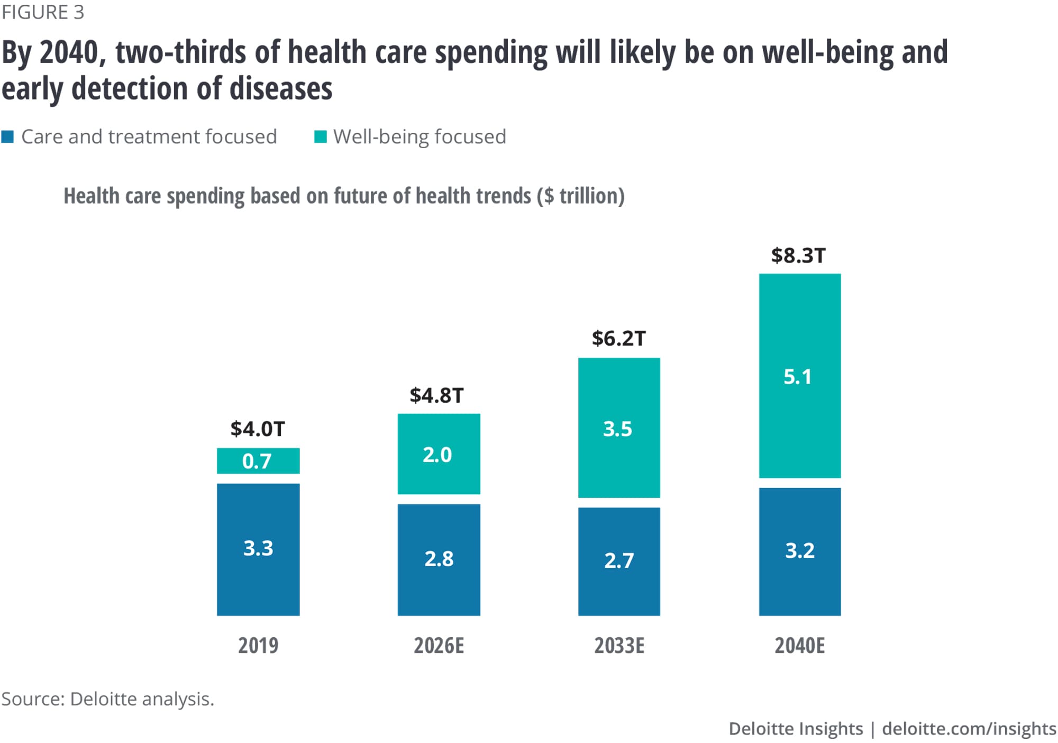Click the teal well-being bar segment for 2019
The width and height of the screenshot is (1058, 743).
click(x=258, y=460)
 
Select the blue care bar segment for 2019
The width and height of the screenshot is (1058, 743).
click(x=258, y=549)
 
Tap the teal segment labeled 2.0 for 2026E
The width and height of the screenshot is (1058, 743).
click(x=439, y=454)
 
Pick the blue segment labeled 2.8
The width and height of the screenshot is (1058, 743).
click(x=439, y=559)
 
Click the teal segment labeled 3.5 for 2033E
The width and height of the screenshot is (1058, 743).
click(x=619, y=428)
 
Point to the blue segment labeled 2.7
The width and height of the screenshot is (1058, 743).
click(x=619, y=561)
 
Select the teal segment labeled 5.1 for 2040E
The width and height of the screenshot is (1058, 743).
click(x=799, y=376)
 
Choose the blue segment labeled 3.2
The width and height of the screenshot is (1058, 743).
click(x=799, y=551)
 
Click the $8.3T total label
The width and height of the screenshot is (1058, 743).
click(x=798, y=256)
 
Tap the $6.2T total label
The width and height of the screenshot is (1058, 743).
click(x=618, y=339)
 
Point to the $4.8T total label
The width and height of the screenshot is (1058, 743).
click(x=436, y=395)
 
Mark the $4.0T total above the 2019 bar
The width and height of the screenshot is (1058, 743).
click(x=258, y=429)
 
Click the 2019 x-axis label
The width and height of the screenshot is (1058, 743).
click(x=258, y=646)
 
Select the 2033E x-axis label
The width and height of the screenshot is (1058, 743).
click(x=619, y=646)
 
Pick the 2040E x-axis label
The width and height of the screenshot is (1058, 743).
click(x=799, y=646)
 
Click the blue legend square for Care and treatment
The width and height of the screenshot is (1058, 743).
click(x=7, y=137)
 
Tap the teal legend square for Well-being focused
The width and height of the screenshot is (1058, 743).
click(x=320, y=137)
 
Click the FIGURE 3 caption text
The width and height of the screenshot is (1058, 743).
click(x=43, y=12)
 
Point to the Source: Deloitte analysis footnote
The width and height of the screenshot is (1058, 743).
click(x=107, y=699)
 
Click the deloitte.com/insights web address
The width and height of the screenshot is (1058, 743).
click(x=969, y=729)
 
